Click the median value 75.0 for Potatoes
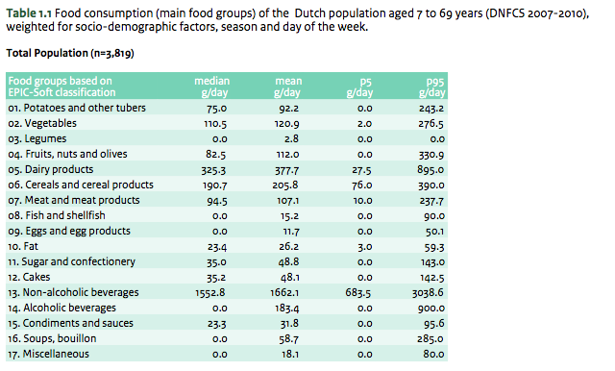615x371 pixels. (214, 109)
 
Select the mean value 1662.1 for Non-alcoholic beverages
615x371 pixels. (289, 291)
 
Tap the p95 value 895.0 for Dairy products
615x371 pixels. (430, 169)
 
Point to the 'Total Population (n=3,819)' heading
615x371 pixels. (69, 54)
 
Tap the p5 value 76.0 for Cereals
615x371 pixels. (361, 185)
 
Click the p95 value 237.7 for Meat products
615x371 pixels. (430, 200)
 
